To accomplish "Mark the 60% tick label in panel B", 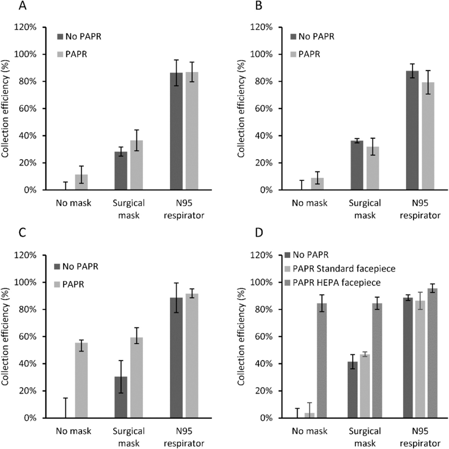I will coord(265,109).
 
